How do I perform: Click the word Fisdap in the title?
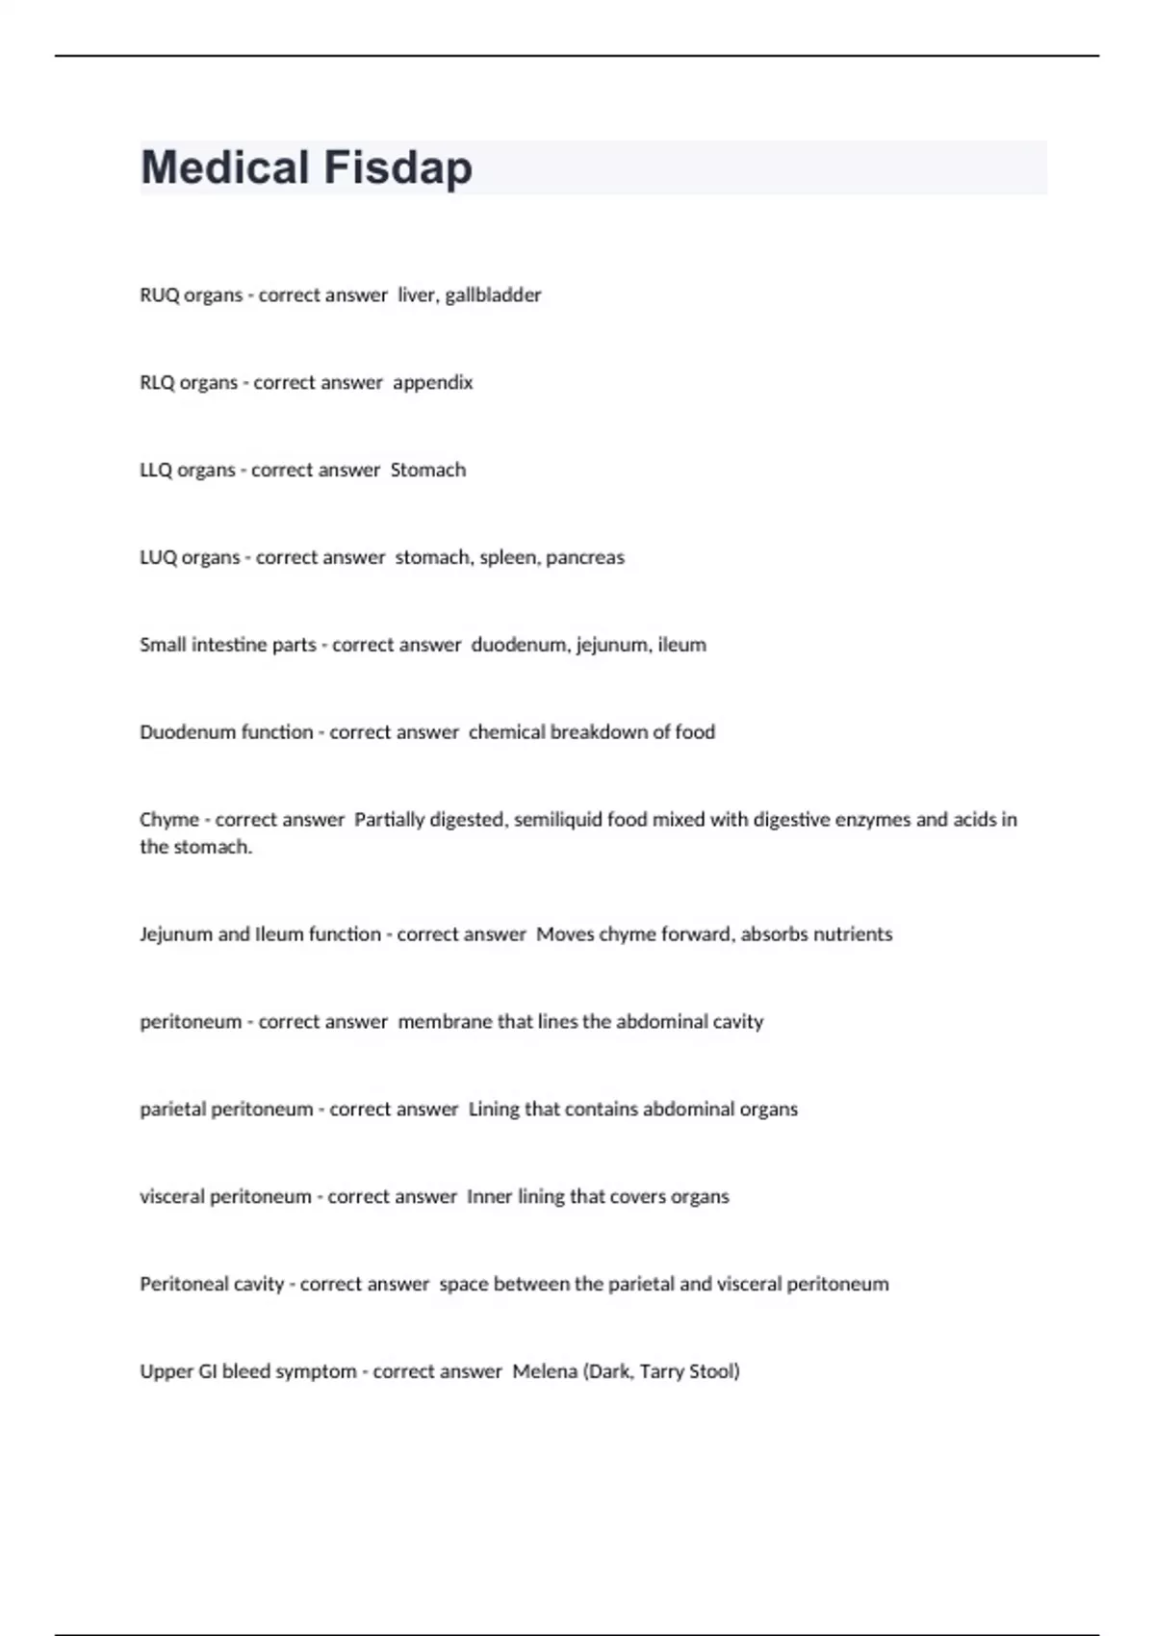click(x=398, y=167)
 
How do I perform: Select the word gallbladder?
click(x=493, y=295)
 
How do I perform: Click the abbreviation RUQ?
click(x=160, y=295)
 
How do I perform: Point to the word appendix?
click(x=433, y=383)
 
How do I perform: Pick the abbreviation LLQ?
click(x=156, y=471)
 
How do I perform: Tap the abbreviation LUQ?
click(x=159, y=558)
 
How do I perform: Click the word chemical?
click(x=506, y=732)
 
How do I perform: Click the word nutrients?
click(x=853, y=934)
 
